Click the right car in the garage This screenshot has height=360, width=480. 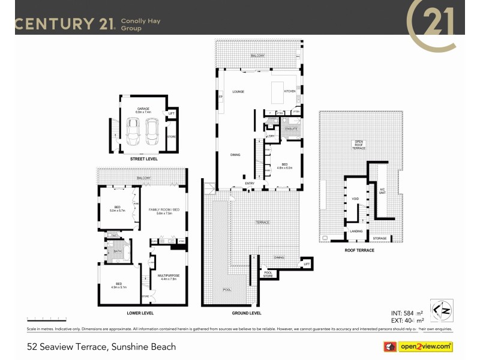[152, 129]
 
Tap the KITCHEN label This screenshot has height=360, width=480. [290, 91]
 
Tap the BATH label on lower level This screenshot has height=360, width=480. [118, 251]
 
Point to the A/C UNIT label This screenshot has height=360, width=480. [382, 191]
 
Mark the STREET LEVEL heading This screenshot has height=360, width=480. [144, 160]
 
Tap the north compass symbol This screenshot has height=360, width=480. [441, 308]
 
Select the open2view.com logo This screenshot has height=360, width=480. [418, 346]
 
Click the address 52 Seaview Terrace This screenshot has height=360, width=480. [101, 347]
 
